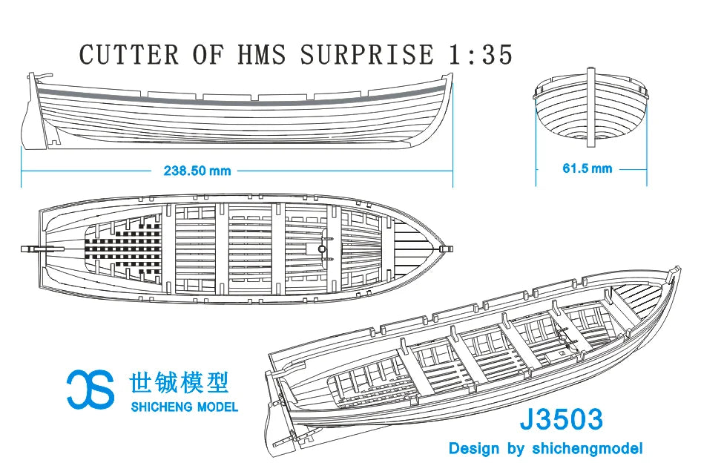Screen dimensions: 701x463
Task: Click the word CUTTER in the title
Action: (x=128, y=54)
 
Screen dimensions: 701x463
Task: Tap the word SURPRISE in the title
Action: (x=367, y=54)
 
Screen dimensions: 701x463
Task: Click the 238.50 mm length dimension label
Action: (x=197, y=171)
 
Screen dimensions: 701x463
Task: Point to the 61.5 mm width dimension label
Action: (x=587, y=168)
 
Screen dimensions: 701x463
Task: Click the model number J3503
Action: (x=561, y=420)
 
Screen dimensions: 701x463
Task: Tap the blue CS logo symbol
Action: (x=90, y=390)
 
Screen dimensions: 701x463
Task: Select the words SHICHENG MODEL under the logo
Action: (x=184, y=407)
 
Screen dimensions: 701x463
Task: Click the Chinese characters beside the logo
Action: (x=179, y=382)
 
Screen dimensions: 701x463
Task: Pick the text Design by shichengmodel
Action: (x=545, y=448)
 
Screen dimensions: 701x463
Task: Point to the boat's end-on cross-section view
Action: (x=591, y=108)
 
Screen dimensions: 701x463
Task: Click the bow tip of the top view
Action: (x=452, y=249)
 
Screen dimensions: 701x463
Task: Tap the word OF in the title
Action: (x=208, y=54)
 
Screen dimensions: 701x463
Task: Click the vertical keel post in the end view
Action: (x=591, y=108)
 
